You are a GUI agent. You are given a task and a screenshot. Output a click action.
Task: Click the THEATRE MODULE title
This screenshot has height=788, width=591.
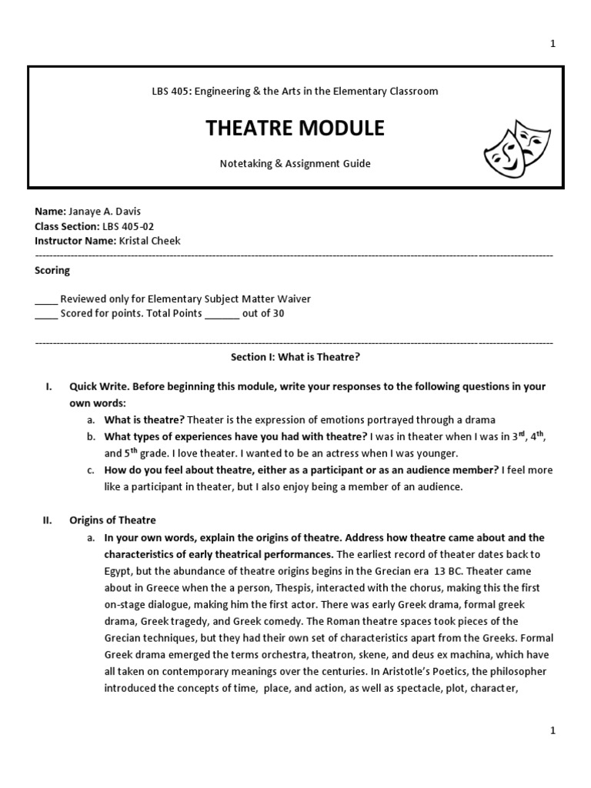[x=295, y=129]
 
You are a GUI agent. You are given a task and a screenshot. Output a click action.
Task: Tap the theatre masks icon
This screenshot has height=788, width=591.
[x=512, y=145]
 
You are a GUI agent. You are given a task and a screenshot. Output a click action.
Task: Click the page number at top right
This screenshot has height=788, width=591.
[x=552, y=44]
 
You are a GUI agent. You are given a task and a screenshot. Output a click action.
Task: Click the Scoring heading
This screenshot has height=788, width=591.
[x=52, y=270]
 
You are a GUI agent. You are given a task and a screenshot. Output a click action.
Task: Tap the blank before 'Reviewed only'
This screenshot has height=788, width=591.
[x=46, y=299]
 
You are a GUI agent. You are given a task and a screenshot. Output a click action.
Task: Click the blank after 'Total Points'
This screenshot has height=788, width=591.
[x=222, y=314]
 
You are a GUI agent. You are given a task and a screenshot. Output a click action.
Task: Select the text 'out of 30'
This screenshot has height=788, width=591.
[x=263, y=313]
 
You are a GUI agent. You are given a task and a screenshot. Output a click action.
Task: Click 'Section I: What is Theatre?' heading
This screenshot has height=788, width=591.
[x=295, y=357]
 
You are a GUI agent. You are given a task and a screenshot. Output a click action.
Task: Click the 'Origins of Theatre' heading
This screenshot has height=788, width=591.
[x=112, y=520]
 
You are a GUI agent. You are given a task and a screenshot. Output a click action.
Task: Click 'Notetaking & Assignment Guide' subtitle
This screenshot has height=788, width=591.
[x=295, y=164]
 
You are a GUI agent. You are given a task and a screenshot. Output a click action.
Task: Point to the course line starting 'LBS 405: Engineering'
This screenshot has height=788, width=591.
[x=295, y=91]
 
